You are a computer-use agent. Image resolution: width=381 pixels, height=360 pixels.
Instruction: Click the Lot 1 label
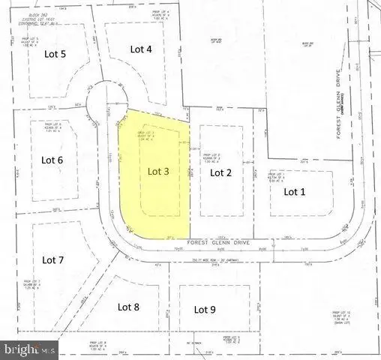point(294,191)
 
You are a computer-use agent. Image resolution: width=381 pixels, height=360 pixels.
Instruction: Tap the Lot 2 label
point(220,172)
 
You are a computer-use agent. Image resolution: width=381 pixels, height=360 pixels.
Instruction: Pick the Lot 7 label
point(53,260)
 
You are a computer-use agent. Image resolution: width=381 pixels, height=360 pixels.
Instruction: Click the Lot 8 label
point(129,306)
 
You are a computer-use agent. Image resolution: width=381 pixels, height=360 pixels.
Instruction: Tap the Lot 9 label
point(205,308)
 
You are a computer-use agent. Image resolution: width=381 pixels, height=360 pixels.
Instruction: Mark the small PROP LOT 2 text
point(212,151)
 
